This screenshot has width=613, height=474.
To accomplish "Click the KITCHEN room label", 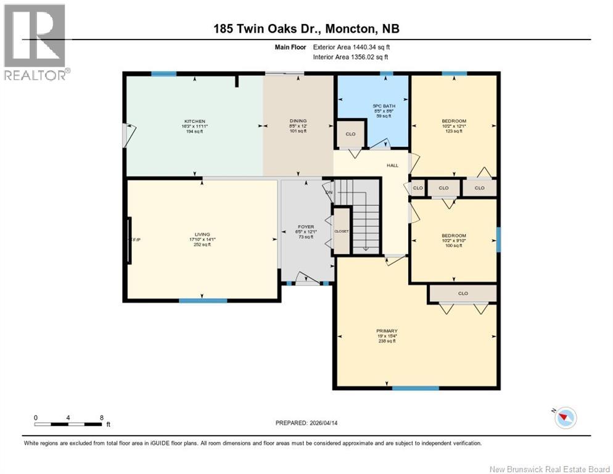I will [194, 121].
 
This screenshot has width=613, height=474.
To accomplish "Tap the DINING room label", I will [298, 121].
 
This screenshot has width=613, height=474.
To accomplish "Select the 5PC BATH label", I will [384, 106].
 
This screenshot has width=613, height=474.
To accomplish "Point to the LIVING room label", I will [202, 235].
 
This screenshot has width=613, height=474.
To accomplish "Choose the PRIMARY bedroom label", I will [386, 331].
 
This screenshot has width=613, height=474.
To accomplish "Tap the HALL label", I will [392, 165].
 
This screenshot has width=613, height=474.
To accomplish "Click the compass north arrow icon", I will [565, 418].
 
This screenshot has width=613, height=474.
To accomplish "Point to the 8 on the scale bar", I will [101, 417].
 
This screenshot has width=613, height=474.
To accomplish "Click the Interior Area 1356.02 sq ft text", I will [351, 57].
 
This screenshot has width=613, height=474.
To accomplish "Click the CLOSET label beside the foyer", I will [341, 231].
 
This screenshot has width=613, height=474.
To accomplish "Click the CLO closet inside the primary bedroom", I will [463, 293].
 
